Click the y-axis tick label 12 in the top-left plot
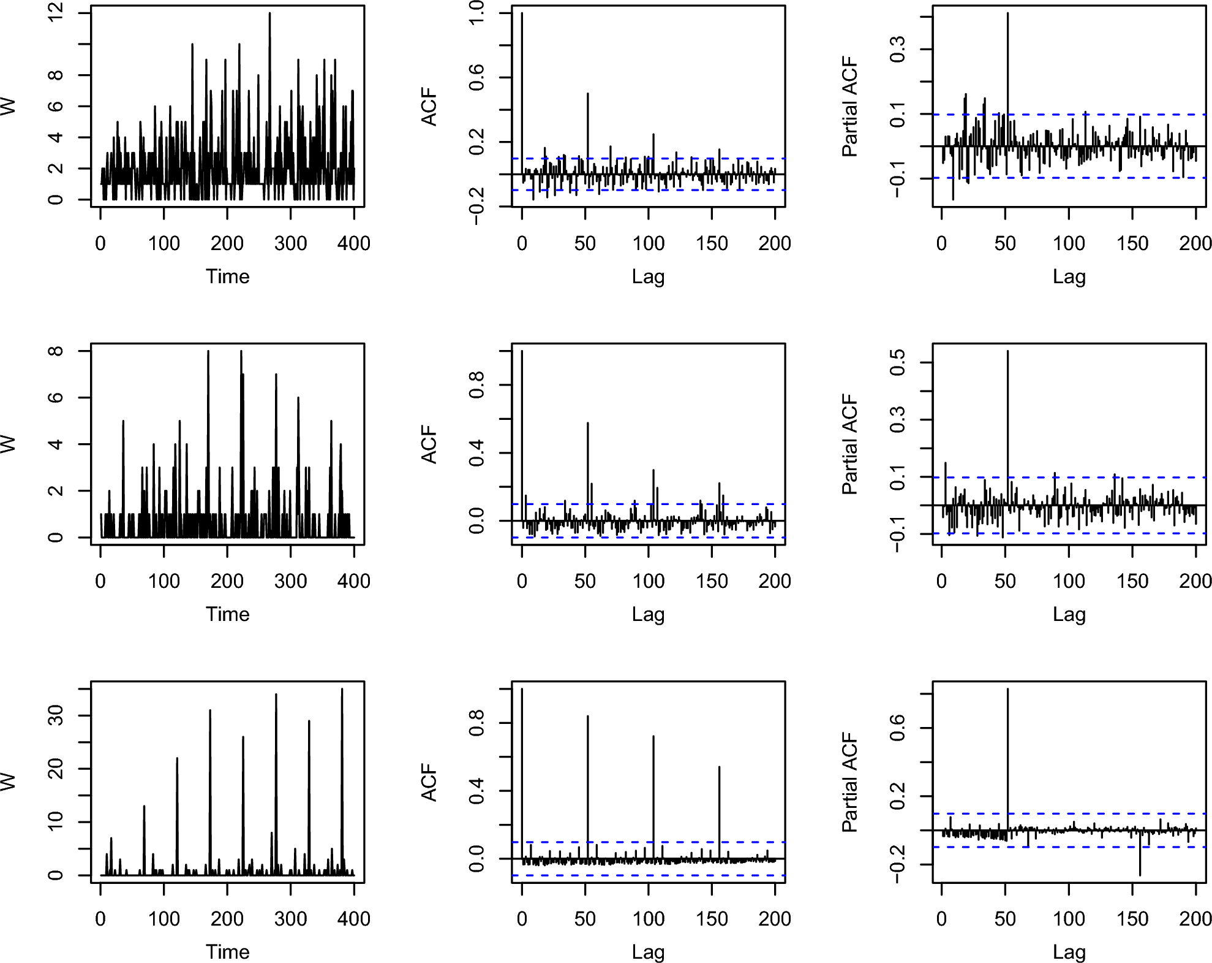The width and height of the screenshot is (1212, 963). click(55, 12)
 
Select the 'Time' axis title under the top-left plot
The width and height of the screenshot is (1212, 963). click(227, 276)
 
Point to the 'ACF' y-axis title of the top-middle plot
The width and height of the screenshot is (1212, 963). click(429, 107)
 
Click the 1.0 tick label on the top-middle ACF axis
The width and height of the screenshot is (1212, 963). click(476, 13)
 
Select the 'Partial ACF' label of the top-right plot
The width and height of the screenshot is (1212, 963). click(850, 107)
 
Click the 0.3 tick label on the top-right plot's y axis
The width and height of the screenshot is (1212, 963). click(897, 49)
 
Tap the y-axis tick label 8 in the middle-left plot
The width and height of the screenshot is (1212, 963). click(55, 351)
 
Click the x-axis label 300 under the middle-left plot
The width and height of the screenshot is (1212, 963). click(290, 581)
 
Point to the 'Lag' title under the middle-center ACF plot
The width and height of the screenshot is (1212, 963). click(648, 614)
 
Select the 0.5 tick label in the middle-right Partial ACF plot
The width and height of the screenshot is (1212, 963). click(897, 363)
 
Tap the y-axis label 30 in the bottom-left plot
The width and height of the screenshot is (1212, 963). click(55, 715)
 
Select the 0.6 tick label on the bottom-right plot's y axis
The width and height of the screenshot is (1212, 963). click(897, 728)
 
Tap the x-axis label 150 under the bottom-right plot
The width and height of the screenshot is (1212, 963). click(1132, 919)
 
